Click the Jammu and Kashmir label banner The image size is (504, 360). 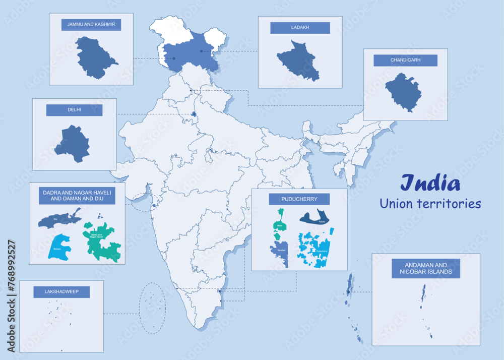[91, 25]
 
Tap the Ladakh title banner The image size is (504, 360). [300, 28]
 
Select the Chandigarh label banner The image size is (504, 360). [405, 61]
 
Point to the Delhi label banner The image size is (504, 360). [74, 110]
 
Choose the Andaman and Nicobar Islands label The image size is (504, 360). [426, 268]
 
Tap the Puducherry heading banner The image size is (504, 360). [299, 199]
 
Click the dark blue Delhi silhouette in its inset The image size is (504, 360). [73, 144]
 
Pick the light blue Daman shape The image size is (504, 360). [59, 248]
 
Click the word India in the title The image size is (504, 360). [430, 184]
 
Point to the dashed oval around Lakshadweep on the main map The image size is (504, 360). [152, 308]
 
